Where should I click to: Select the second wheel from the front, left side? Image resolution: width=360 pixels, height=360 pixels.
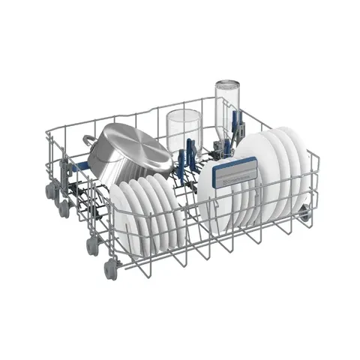(93, 244)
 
